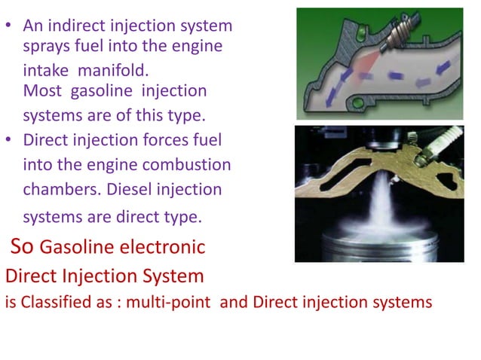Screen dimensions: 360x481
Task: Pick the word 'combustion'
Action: [191, 165]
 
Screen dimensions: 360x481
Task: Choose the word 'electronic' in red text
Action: [165, 247]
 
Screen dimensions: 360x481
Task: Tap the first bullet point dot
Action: [11, 26]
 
